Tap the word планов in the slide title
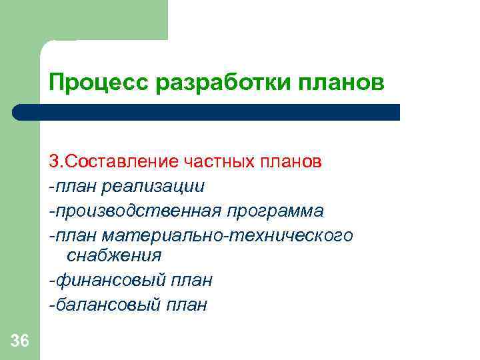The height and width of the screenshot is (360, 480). coord(341,83)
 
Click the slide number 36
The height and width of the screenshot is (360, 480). coord(20,342)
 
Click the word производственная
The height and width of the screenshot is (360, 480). coord(137,211)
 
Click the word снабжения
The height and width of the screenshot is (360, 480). coord(114,255)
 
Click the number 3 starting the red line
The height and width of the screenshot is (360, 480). coord(53,162)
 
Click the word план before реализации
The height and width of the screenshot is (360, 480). coord(75,187)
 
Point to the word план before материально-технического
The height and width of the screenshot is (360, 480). coord(75,236)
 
